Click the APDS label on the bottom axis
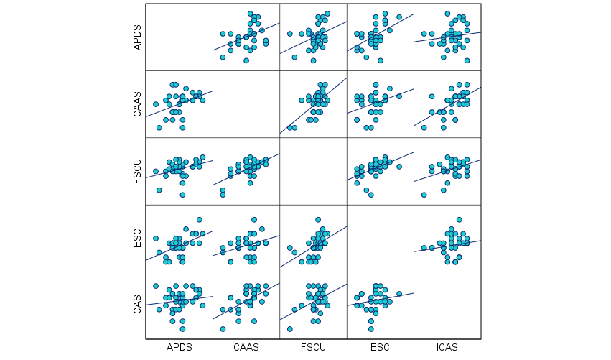pyautogui.click(x=179, y=347)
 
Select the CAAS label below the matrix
pyautogui.click(x=246, y=347)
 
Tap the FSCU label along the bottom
pyautogui.click(x=313, y=347)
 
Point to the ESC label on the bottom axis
pyautogui.click(x=381, y=347)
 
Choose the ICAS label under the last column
pyautogui.click(x=447, y=347)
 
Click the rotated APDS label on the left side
pyautogui.click(x=137, y=37)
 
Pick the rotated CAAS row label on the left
pyautogui.click(x=137, y=104)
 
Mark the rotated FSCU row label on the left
pyautogui.click(x=137, y=171)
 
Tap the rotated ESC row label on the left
pyautogui.click(x=137, y=239)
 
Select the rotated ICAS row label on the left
pyautogui.click(x=137, y=305)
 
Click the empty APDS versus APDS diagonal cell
pyautogui.click(x=179, y=37)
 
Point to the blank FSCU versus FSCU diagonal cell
pyautogui.click(x=313, y=171)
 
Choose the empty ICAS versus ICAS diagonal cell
pyautogui.click(x=447, y=305)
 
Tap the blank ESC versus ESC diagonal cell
pyautogui.click(x=381, y=239)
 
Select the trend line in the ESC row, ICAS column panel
pyautogui.click(x=447, y=246)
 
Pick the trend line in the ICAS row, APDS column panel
pyautogui.click(x=179, y=300)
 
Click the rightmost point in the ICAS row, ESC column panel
pyautogui.click(x=400, y=293)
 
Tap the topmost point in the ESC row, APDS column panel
pyautogui.click(x=200, y=220)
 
